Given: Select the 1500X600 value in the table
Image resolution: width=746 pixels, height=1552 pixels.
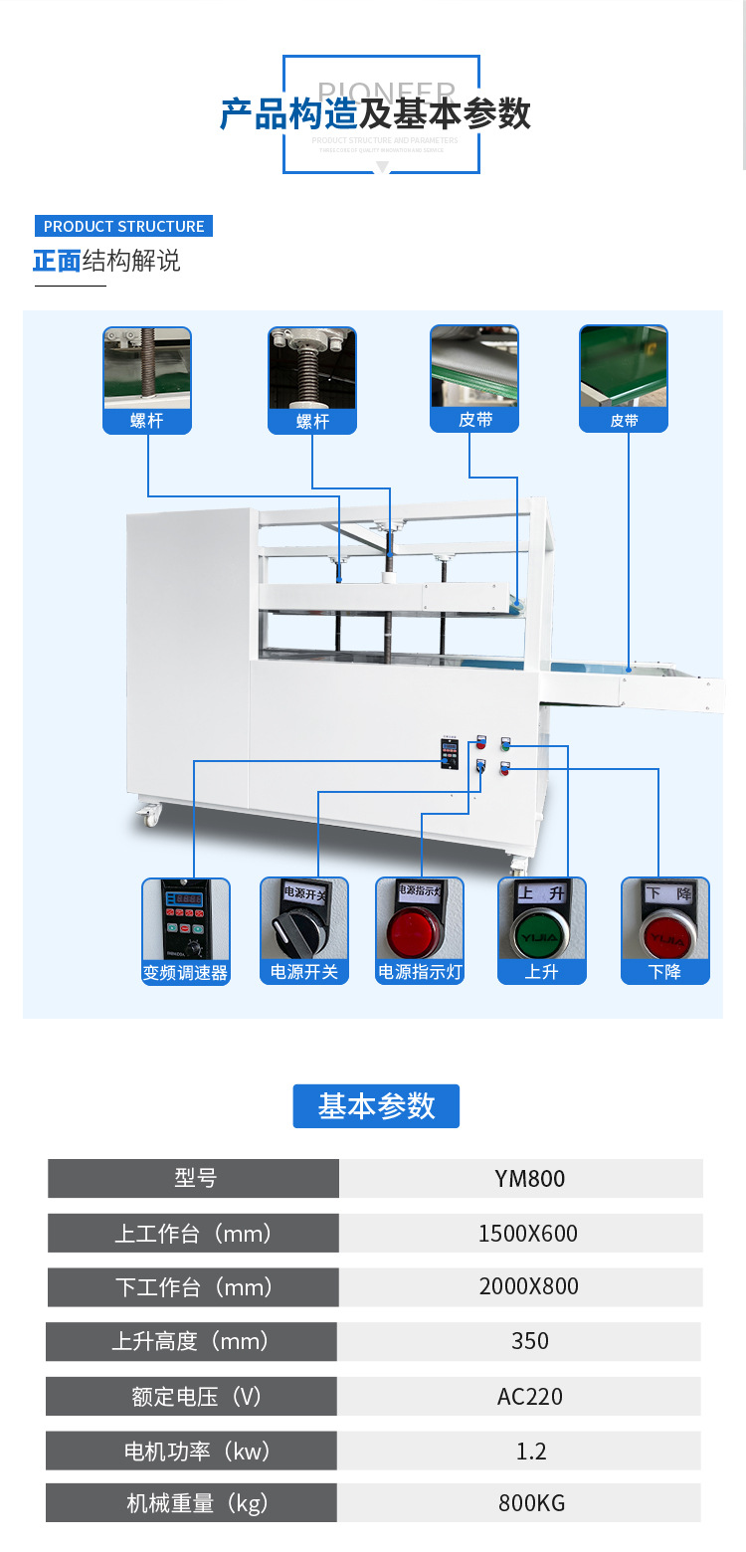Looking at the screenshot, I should point(528,1234).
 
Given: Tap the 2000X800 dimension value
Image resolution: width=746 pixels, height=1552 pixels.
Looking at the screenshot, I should point(528,1286).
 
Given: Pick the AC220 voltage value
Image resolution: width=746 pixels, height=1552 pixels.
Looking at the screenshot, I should point(528,1396).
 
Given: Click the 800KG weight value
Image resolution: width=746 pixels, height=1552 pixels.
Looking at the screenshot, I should point(528,1502).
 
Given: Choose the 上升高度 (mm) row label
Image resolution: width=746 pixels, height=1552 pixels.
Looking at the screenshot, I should point(191,1341).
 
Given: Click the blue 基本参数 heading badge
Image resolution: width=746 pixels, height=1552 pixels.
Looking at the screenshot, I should point(376,1106).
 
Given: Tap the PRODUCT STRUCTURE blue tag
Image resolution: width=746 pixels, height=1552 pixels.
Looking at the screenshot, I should point(123,226).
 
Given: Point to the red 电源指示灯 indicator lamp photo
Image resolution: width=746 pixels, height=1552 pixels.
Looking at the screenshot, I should point(419,929).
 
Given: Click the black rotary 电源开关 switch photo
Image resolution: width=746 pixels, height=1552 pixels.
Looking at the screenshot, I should point(302,929).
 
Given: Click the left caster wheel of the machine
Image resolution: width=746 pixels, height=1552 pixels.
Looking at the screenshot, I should point(149,815).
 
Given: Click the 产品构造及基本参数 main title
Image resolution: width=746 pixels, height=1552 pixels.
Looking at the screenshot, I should point(375,114).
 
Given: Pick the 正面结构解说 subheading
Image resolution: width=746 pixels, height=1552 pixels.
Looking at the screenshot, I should point(106,261).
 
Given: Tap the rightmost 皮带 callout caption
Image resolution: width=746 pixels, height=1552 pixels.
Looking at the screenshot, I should point(624,421).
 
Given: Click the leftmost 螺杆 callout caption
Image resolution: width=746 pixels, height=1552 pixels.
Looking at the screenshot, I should point(147,421).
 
